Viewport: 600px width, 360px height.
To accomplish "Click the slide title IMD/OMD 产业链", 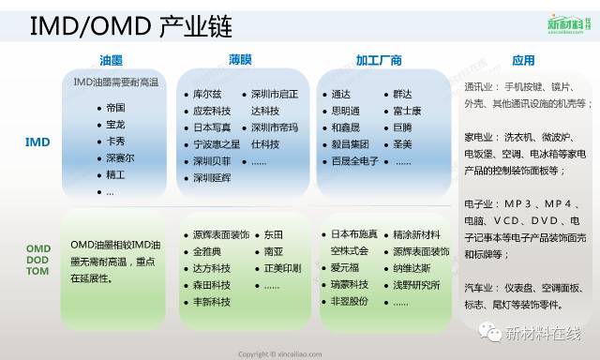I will (132, 26).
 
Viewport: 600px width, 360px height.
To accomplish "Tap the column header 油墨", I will (112, 61).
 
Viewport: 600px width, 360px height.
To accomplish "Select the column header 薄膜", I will (240, 61).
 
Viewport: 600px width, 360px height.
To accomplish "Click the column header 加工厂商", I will (379, 61).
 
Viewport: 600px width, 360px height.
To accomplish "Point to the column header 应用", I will (523, 61).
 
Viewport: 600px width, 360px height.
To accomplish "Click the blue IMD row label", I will (37, 142).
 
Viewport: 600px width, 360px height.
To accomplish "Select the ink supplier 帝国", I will (116, 108).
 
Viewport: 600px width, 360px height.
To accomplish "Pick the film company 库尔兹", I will (207, 94).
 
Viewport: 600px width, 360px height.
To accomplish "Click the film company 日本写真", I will (213, 127).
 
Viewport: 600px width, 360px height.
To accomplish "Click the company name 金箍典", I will (209, 252).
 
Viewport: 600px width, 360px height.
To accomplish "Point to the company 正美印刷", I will (282, 268).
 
